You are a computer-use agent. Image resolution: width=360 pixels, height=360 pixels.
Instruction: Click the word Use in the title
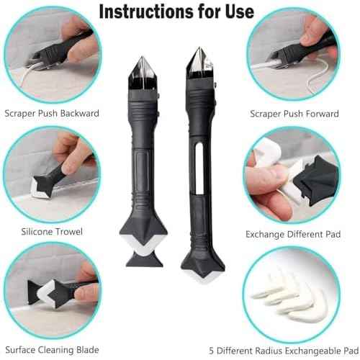point(235,12)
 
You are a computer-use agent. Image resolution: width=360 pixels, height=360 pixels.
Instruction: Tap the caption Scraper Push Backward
point(52,113)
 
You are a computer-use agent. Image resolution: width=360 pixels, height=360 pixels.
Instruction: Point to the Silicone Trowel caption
point(51,231)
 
